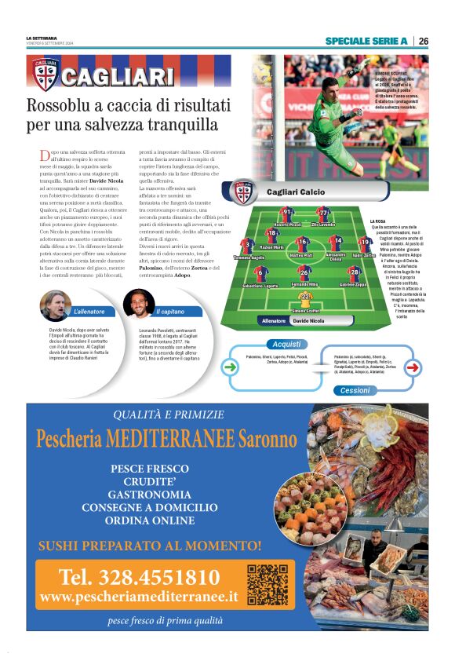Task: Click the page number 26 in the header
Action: (x=422, y=41)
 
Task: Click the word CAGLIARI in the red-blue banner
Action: (x=117, y=76)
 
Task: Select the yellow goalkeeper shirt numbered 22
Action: (x=305, y=298)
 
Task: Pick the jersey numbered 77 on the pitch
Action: (x=323, y=213)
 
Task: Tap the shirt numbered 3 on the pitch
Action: (x=248, y=246)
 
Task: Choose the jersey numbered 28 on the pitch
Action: (x=354, y=273)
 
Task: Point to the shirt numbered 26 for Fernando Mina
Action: (x=304, y=273)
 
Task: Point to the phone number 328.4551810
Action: (x=139, y=578)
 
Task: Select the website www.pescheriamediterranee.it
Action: (x=139, y=597)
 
